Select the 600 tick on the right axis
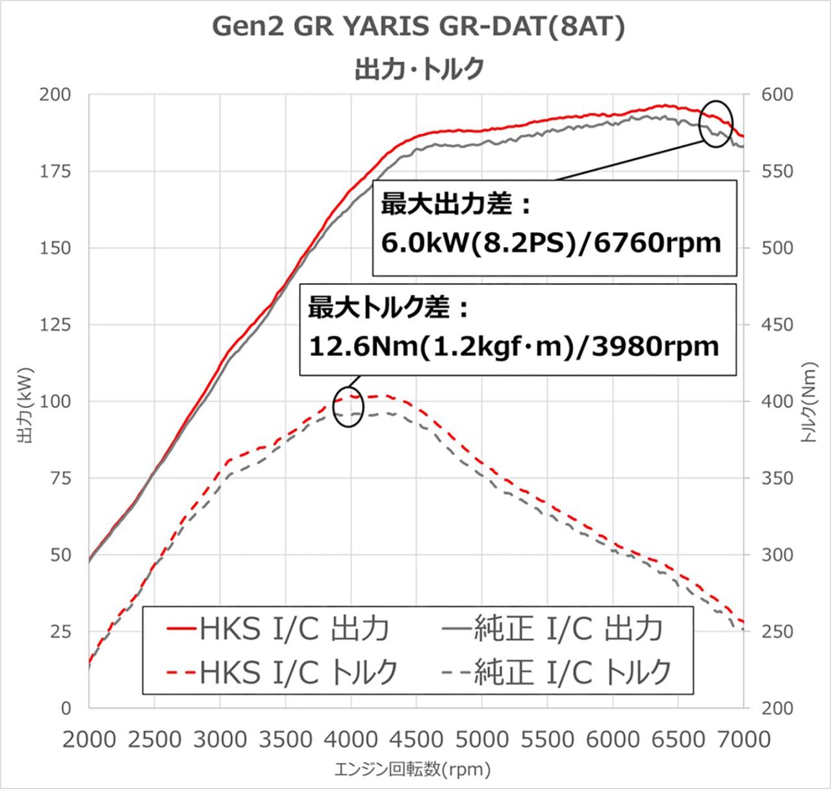pos(777,95)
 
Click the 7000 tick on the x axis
pos(743,739)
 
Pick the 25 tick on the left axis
pos(60,631)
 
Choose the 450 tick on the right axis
pos(777,324)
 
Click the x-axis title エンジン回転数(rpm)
pos(413,771)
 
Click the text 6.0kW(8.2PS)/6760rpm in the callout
pos(551,243)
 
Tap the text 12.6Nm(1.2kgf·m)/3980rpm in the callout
pos(513,346)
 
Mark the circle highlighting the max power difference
pos(716,124)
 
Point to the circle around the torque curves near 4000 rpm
pos(348,407)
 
